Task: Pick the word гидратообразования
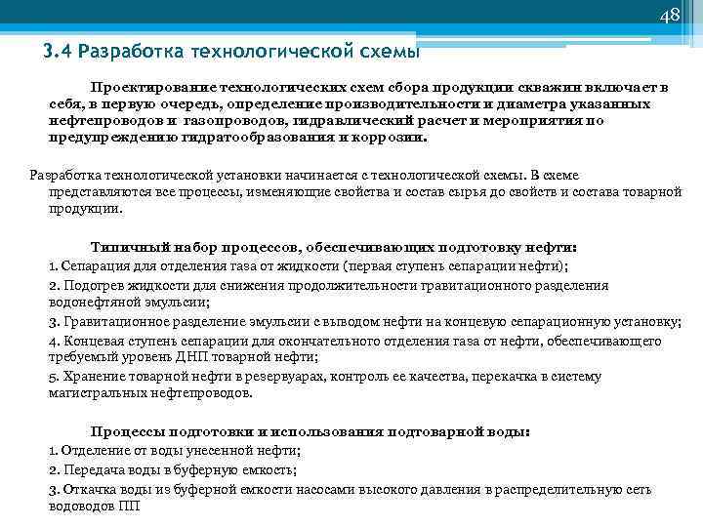[x=263, y=139]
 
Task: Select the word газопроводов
[x=228, y=121]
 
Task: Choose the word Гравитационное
[x=113, y=322]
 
